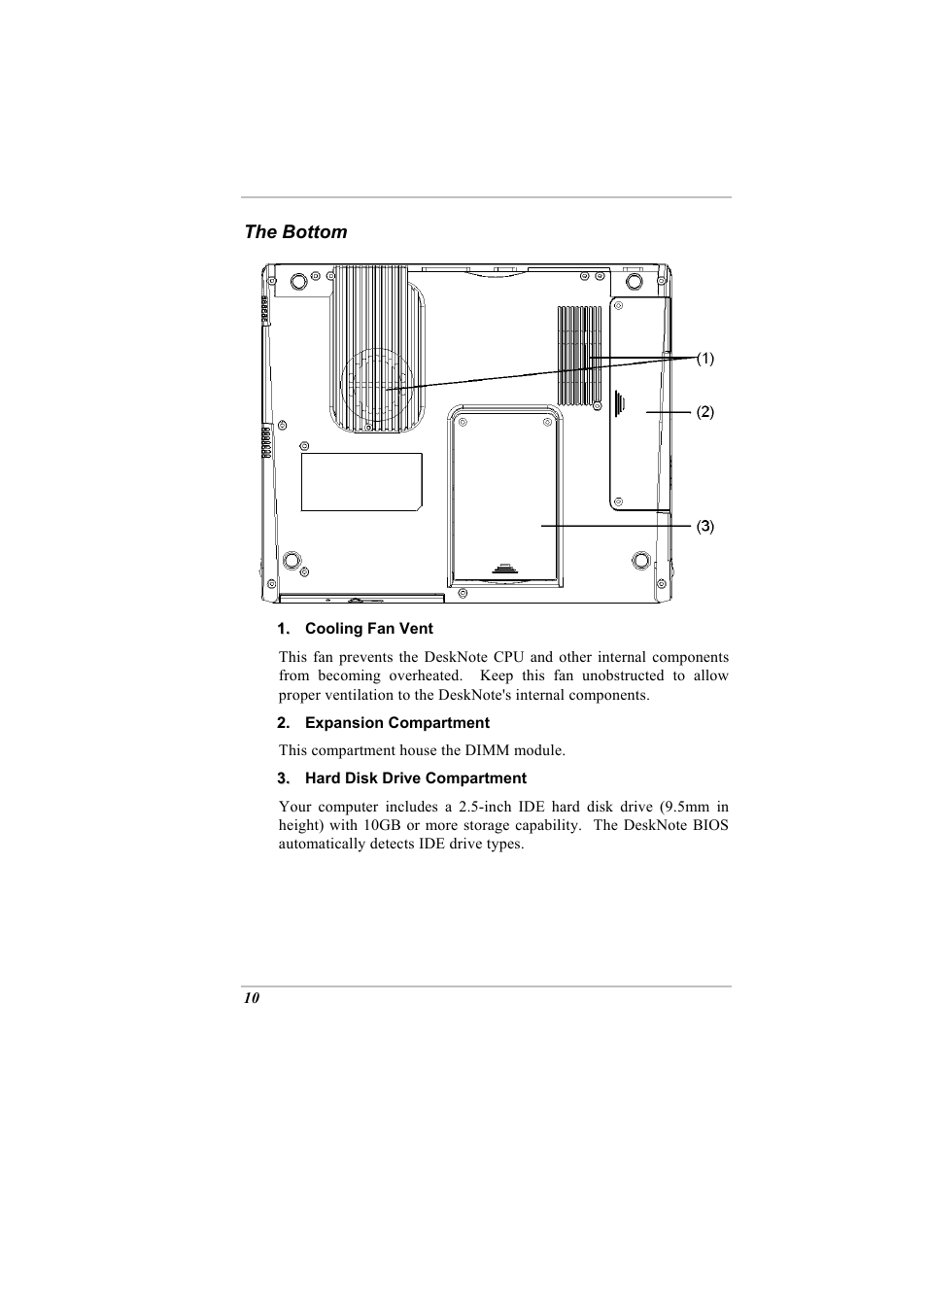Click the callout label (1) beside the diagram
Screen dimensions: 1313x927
704,359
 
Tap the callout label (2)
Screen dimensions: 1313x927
704,412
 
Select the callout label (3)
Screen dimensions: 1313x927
704,527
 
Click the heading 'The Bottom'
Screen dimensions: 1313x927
295,232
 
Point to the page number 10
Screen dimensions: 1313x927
252,998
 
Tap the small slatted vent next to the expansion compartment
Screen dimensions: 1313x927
580,355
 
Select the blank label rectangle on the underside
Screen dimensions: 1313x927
361,481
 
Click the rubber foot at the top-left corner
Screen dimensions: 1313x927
299,281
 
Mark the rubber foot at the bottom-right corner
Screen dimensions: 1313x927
639,560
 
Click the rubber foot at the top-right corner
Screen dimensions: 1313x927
635,281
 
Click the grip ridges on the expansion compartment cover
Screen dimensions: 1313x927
620,401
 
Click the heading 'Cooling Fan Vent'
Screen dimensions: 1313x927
368,629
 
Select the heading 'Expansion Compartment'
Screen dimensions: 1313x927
396,723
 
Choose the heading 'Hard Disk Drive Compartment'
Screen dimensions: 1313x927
415,778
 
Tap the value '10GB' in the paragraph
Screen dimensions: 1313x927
382,825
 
